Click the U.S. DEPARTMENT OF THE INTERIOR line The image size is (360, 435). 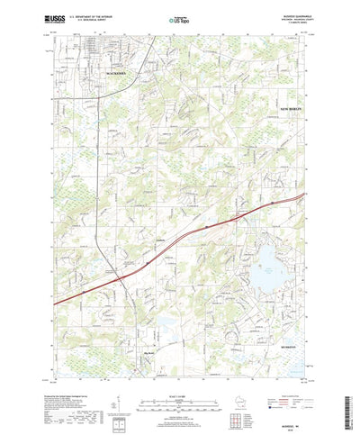94,15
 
